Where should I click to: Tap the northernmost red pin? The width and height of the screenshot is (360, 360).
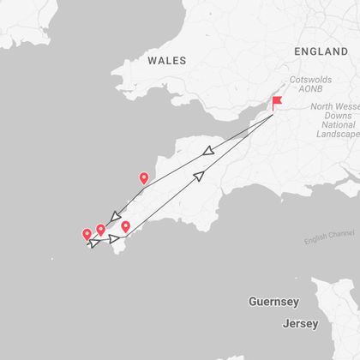point(143,179)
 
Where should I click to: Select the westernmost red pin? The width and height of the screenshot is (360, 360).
point(87,235)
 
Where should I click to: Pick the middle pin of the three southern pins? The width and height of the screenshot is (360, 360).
point(101,230)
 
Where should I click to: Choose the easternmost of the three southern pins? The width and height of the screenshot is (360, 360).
point(125,227)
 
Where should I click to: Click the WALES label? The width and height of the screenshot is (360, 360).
point(167,61)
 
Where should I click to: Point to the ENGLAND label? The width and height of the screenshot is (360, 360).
point(321,51)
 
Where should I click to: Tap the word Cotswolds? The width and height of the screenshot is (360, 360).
point(310,79)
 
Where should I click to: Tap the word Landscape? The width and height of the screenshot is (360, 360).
point(337,135)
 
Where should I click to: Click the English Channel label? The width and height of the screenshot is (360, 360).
point(329,237)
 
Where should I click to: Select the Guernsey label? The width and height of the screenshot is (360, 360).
point(273,302)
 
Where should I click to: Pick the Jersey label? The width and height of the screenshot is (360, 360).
point(300,324)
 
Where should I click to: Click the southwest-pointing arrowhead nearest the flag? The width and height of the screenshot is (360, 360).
point(207,151)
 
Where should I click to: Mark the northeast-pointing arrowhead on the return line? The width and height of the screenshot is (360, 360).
point(199,176)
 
